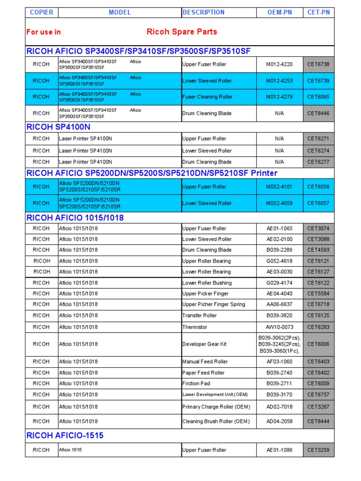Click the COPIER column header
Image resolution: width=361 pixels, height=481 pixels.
41,12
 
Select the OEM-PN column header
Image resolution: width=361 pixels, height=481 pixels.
279,12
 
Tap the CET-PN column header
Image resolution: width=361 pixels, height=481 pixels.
318,12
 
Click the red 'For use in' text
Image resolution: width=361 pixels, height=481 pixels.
44,32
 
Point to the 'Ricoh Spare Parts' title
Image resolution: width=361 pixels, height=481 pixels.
182,32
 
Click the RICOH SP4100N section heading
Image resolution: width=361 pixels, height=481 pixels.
59,127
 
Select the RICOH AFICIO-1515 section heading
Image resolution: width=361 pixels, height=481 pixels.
65,435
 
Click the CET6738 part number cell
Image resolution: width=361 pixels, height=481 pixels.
318,64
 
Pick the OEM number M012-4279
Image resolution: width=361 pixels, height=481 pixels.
279,97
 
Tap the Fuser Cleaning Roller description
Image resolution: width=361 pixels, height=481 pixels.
207,97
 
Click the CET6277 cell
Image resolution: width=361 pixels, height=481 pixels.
318,162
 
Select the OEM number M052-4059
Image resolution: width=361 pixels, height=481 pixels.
279,203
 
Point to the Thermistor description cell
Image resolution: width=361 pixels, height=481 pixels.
195,327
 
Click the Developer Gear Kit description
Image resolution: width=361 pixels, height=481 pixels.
204,344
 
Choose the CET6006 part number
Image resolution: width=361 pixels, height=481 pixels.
318,344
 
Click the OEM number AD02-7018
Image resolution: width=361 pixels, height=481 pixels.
279,407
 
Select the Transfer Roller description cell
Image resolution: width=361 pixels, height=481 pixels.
199,316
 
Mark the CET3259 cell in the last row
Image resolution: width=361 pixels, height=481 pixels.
318,450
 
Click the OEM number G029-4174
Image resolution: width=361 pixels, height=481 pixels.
279,283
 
